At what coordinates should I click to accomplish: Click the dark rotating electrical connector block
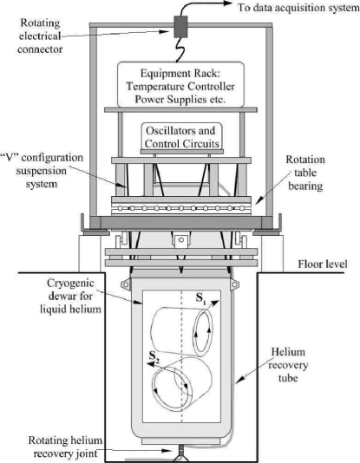183,28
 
